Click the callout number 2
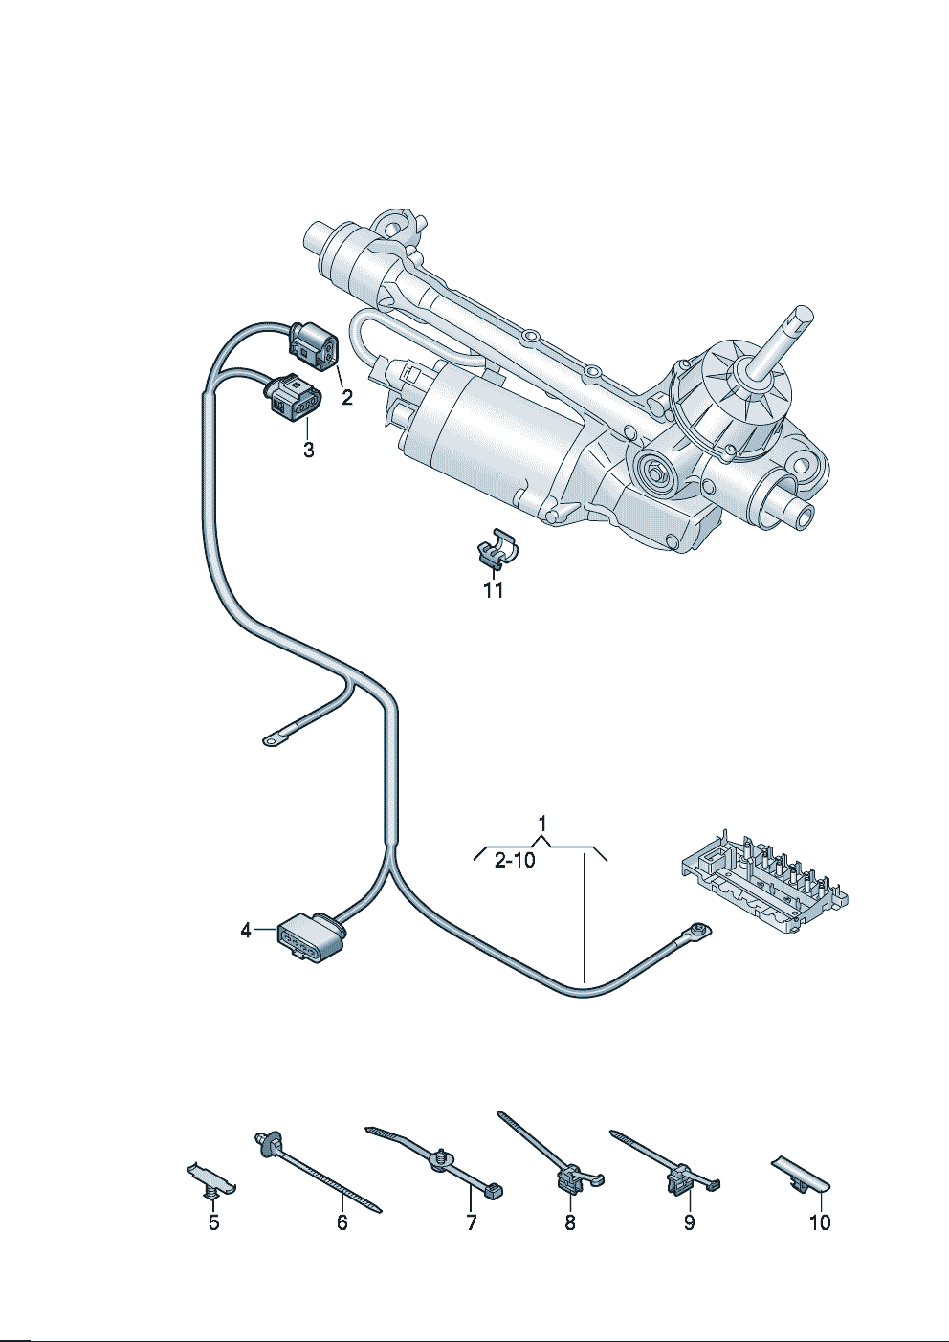click(347, 397)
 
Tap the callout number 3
click(309, 450)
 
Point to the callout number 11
click(493, 590)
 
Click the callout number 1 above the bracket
click(542, 824)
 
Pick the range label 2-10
click(516, 861)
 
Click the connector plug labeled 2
click(314, 347)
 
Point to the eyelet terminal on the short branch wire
click(273, 742)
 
